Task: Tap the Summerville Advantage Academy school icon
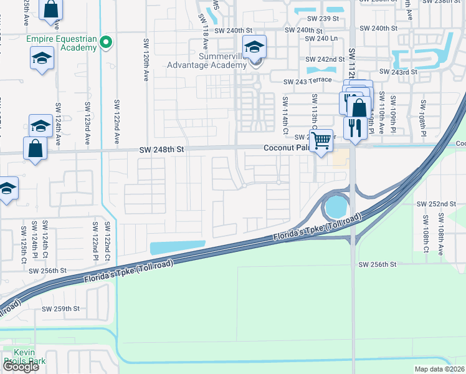pyautogui.click(x=254, y=47)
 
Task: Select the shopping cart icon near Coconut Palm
pyautogui.click(x=321, y=140)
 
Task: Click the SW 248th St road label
pyautogui.click(x=163, y=150)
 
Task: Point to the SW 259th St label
pyautogui.click(x=61, y=309)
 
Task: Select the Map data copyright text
pyautogui.click(x=440, y=369)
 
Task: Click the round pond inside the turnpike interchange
pyautogui.click(x=336, y=206)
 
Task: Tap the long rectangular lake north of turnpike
pyautogui.click(x=178, y=247)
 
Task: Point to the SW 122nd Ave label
pyautogui.click(x=116, y=119)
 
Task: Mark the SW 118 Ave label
pyautogui.click(x=204, y=32)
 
